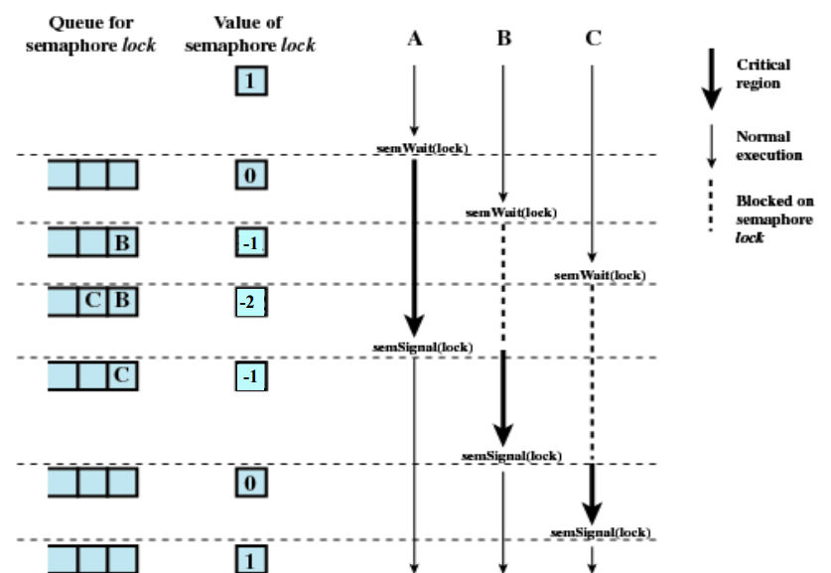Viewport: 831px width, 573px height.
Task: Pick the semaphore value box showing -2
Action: tap(250, 303)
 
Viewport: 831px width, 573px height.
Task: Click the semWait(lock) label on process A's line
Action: tap(421, 149)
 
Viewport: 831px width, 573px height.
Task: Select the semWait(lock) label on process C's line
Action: tap(600, 274)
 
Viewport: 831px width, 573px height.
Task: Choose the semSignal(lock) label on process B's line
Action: tap(512, 455)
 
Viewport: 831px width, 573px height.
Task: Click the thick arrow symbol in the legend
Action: tap(711, 81)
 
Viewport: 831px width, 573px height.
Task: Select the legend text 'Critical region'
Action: tap(762, 72)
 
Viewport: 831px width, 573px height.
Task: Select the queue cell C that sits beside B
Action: tap(92, 303)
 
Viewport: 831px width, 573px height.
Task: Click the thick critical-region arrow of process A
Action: tap(414, 248)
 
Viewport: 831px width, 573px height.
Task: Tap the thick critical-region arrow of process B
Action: tap(503, 397)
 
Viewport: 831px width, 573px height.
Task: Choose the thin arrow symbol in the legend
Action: tap(711, 144)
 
